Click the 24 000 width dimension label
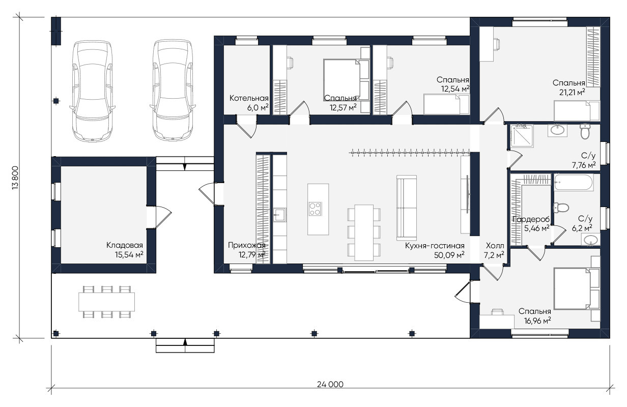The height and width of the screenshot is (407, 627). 330,384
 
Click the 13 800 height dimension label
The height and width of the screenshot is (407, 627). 15,179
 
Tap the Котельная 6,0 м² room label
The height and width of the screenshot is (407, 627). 249,103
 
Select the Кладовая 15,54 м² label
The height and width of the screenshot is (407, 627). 125,250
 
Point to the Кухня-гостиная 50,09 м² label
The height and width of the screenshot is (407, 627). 435,250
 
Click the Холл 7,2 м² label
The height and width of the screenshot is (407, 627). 494,250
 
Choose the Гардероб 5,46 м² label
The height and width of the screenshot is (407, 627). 531,224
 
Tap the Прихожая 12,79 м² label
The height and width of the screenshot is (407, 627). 247,250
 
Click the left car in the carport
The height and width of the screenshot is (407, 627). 93,91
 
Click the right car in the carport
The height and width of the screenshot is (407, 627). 173,90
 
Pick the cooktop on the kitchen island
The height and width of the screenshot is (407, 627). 315,209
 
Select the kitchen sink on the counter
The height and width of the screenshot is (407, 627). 279,215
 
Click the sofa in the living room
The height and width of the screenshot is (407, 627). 407,208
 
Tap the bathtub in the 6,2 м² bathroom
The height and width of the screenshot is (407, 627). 574,183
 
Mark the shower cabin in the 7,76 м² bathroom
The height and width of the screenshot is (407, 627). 522,136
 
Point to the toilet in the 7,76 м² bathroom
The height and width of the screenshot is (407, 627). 585,131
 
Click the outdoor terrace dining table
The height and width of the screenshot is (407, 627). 106,302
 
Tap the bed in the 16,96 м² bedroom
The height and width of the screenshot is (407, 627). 577,288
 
